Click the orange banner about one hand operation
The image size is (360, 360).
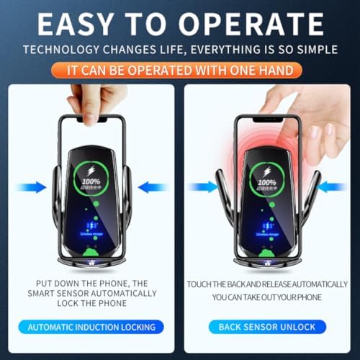(180, 71)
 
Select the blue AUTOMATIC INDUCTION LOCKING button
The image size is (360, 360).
(91, 327)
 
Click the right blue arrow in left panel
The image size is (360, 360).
(153, 187)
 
